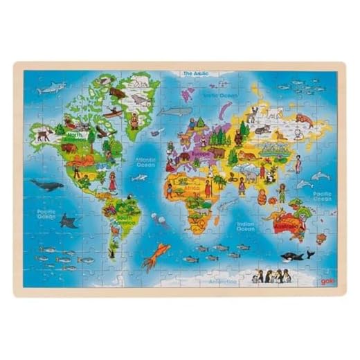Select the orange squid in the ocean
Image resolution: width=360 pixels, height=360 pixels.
150,254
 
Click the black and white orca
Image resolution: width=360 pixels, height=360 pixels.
296,255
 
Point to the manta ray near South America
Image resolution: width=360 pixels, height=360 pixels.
69,220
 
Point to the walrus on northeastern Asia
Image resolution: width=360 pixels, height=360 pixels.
303,119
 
